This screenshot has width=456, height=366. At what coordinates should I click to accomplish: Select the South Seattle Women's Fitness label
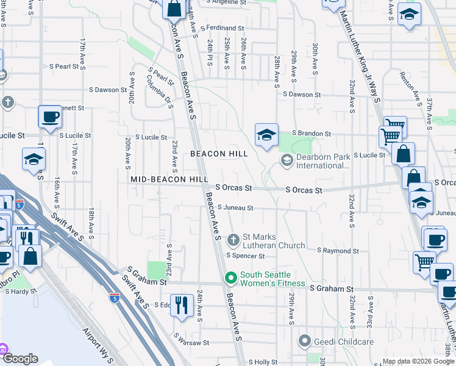(273, 279)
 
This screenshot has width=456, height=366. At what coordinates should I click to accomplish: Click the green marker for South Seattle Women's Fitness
(231, 279)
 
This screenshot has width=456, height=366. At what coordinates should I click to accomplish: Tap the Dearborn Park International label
(322, 161)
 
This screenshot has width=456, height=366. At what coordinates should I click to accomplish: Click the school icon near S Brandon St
(266, 135)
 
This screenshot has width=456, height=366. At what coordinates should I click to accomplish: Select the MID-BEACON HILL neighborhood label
(165, 179)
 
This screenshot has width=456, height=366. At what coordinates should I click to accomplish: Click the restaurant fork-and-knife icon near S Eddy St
(181, 304)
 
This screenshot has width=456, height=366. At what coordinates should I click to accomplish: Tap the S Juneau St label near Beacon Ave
(235, 208)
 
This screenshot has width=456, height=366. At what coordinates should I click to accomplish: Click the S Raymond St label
(338, 251)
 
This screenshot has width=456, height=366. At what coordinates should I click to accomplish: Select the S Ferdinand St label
(224, 28)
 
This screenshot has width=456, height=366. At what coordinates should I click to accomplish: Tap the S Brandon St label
(311, 133)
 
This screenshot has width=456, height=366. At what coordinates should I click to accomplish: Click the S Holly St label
(263, 362)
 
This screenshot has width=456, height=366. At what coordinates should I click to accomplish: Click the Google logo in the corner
(20, 359)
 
